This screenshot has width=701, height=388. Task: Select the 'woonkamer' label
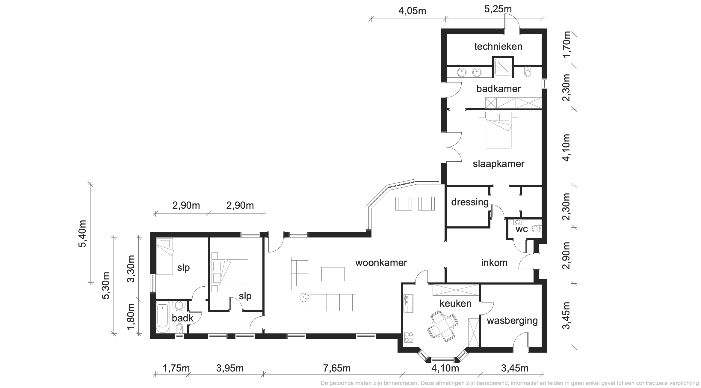(381, 263)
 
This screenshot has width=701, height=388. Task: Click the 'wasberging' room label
(512, 321)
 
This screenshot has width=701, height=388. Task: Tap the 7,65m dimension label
(337, 368)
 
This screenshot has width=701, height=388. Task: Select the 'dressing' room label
(470, 202)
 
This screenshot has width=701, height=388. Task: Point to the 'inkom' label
(494, 263)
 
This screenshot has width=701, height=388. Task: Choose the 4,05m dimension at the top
(412, 11)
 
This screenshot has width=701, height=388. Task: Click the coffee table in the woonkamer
(333, 274)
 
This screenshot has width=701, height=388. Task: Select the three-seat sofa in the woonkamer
(333, 303)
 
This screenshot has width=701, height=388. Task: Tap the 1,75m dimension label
(176, 368)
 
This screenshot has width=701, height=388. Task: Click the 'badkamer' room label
(498, 89)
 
